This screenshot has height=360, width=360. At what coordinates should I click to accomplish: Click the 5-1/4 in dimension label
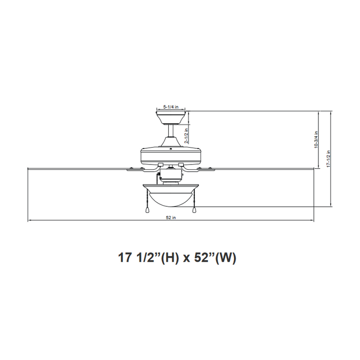171,106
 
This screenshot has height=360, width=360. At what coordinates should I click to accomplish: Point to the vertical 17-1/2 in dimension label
328,158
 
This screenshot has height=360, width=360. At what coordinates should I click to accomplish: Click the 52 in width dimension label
171,218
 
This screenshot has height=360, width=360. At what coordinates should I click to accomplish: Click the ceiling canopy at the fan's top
171,117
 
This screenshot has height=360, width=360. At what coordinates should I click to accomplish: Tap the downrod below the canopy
171,135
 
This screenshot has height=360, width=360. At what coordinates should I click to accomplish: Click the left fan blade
77,168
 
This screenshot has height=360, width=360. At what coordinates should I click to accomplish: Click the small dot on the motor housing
171,148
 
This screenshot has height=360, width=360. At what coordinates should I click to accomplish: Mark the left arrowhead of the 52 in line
29,221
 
